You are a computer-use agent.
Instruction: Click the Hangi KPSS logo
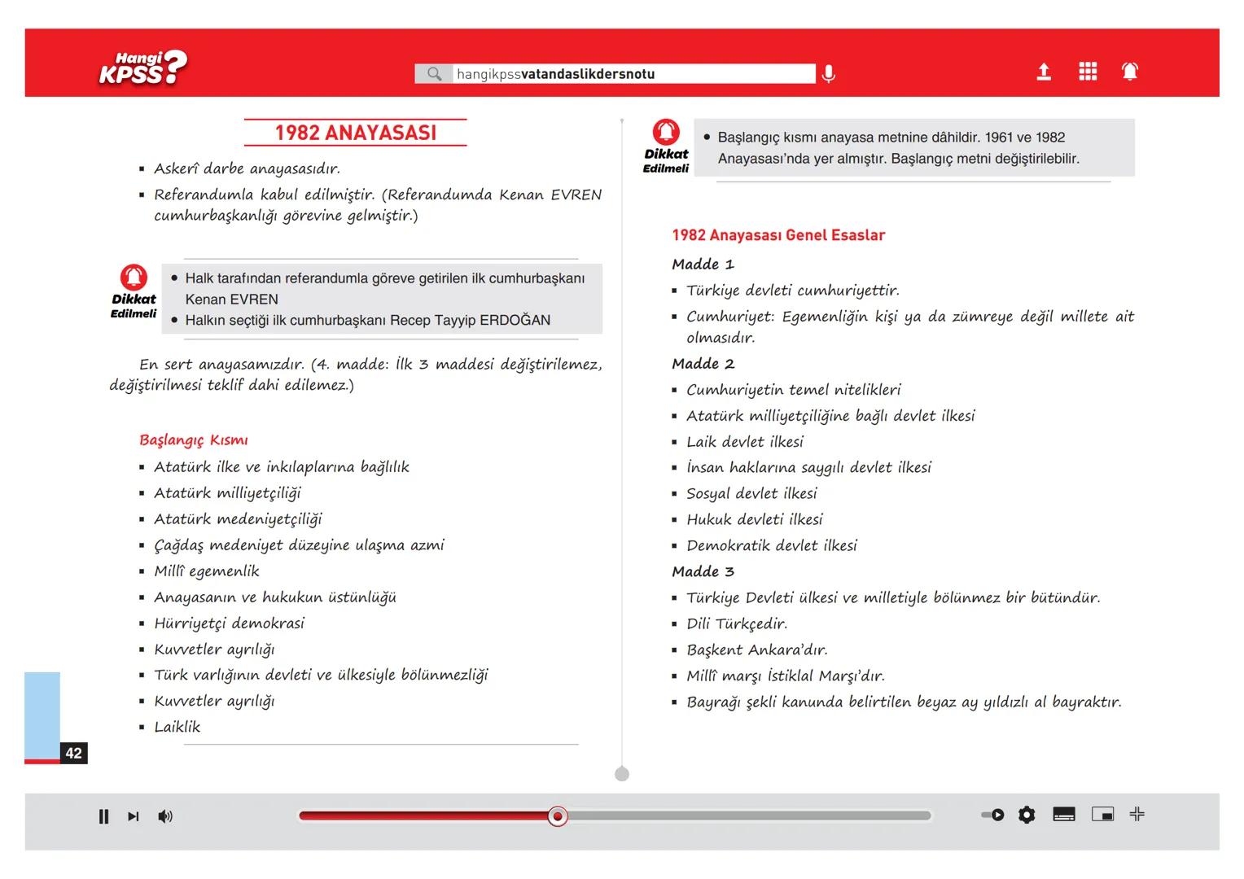(142, 68)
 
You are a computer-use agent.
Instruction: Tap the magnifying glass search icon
(434, 74)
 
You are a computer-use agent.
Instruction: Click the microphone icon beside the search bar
(828, 74)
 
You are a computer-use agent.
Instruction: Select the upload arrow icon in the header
(1044, 72)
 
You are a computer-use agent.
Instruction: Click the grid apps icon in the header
(1088, 72)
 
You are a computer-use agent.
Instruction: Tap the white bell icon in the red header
(1130, 72)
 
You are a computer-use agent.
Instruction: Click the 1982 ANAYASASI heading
(355, 133)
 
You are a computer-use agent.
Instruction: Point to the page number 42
(74, 753)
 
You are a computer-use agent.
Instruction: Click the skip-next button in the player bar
(134, 816)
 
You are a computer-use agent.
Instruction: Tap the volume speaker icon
(165, 816)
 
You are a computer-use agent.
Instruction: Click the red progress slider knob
(558, 816)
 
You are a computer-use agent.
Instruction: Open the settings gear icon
(1027, 815)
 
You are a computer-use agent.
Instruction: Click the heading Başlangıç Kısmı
(194, 440)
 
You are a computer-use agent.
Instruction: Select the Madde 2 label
(703, 364)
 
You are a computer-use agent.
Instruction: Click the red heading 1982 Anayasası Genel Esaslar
(778, 235)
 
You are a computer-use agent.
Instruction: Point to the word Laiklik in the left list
(177, 727)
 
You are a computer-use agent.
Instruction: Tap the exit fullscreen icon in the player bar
(1137, 814)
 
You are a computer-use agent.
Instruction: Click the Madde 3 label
(703, 571)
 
